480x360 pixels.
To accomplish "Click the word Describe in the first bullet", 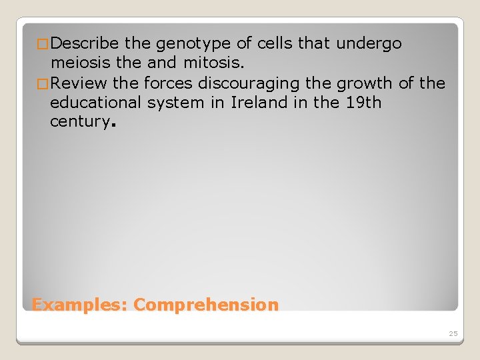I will coord(85,44).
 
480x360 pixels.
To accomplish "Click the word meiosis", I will coord(81,63).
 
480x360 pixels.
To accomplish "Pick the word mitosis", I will coord(213,63).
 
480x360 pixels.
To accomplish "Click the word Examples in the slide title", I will coord(79,305).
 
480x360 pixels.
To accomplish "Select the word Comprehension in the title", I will coord(206,305).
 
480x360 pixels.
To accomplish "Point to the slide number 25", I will coord(453,333).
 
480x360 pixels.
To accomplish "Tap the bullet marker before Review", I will coord(43,84).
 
